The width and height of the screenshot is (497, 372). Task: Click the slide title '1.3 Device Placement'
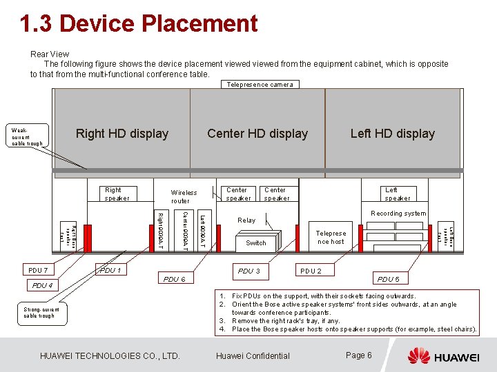138,24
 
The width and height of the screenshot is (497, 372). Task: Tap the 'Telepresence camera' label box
260,84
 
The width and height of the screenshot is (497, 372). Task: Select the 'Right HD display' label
122,134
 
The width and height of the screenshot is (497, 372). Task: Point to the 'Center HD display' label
257,134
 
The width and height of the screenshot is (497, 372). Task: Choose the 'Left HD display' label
392,134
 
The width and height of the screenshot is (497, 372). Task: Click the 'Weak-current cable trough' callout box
27,136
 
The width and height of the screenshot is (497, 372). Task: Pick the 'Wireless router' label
184,197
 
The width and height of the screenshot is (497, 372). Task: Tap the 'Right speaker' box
113,194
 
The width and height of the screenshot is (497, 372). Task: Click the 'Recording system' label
398,214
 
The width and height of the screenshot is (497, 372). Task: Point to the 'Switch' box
256,243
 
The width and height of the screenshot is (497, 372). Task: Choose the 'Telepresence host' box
331,238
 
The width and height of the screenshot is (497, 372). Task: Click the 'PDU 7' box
38,270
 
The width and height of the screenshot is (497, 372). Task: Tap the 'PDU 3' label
248,271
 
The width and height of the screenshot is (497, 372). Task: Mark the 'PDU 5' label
387,279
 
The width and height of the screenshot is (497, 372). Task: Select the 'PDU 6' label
173,279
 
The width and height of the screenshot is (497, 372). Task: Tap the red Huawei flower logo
418,356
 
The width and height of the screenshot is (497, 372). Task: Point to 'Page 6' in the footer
359,355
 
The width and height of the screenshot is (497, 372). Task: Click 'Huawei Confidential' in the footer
253,356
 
